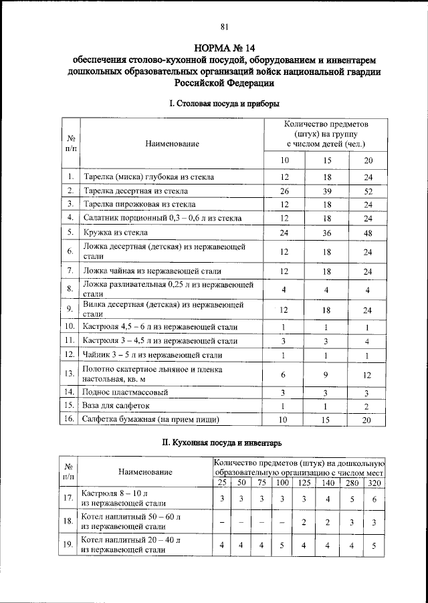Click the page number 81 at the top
(225, 27)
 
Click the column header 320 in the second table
(374, 483)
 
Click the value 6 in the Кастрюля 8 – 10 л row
(374, 499)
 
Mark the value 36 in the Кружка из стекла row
(327, 233)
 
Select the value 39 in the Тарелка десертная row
(327, 191)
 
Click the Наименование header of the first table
(172, 144)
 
